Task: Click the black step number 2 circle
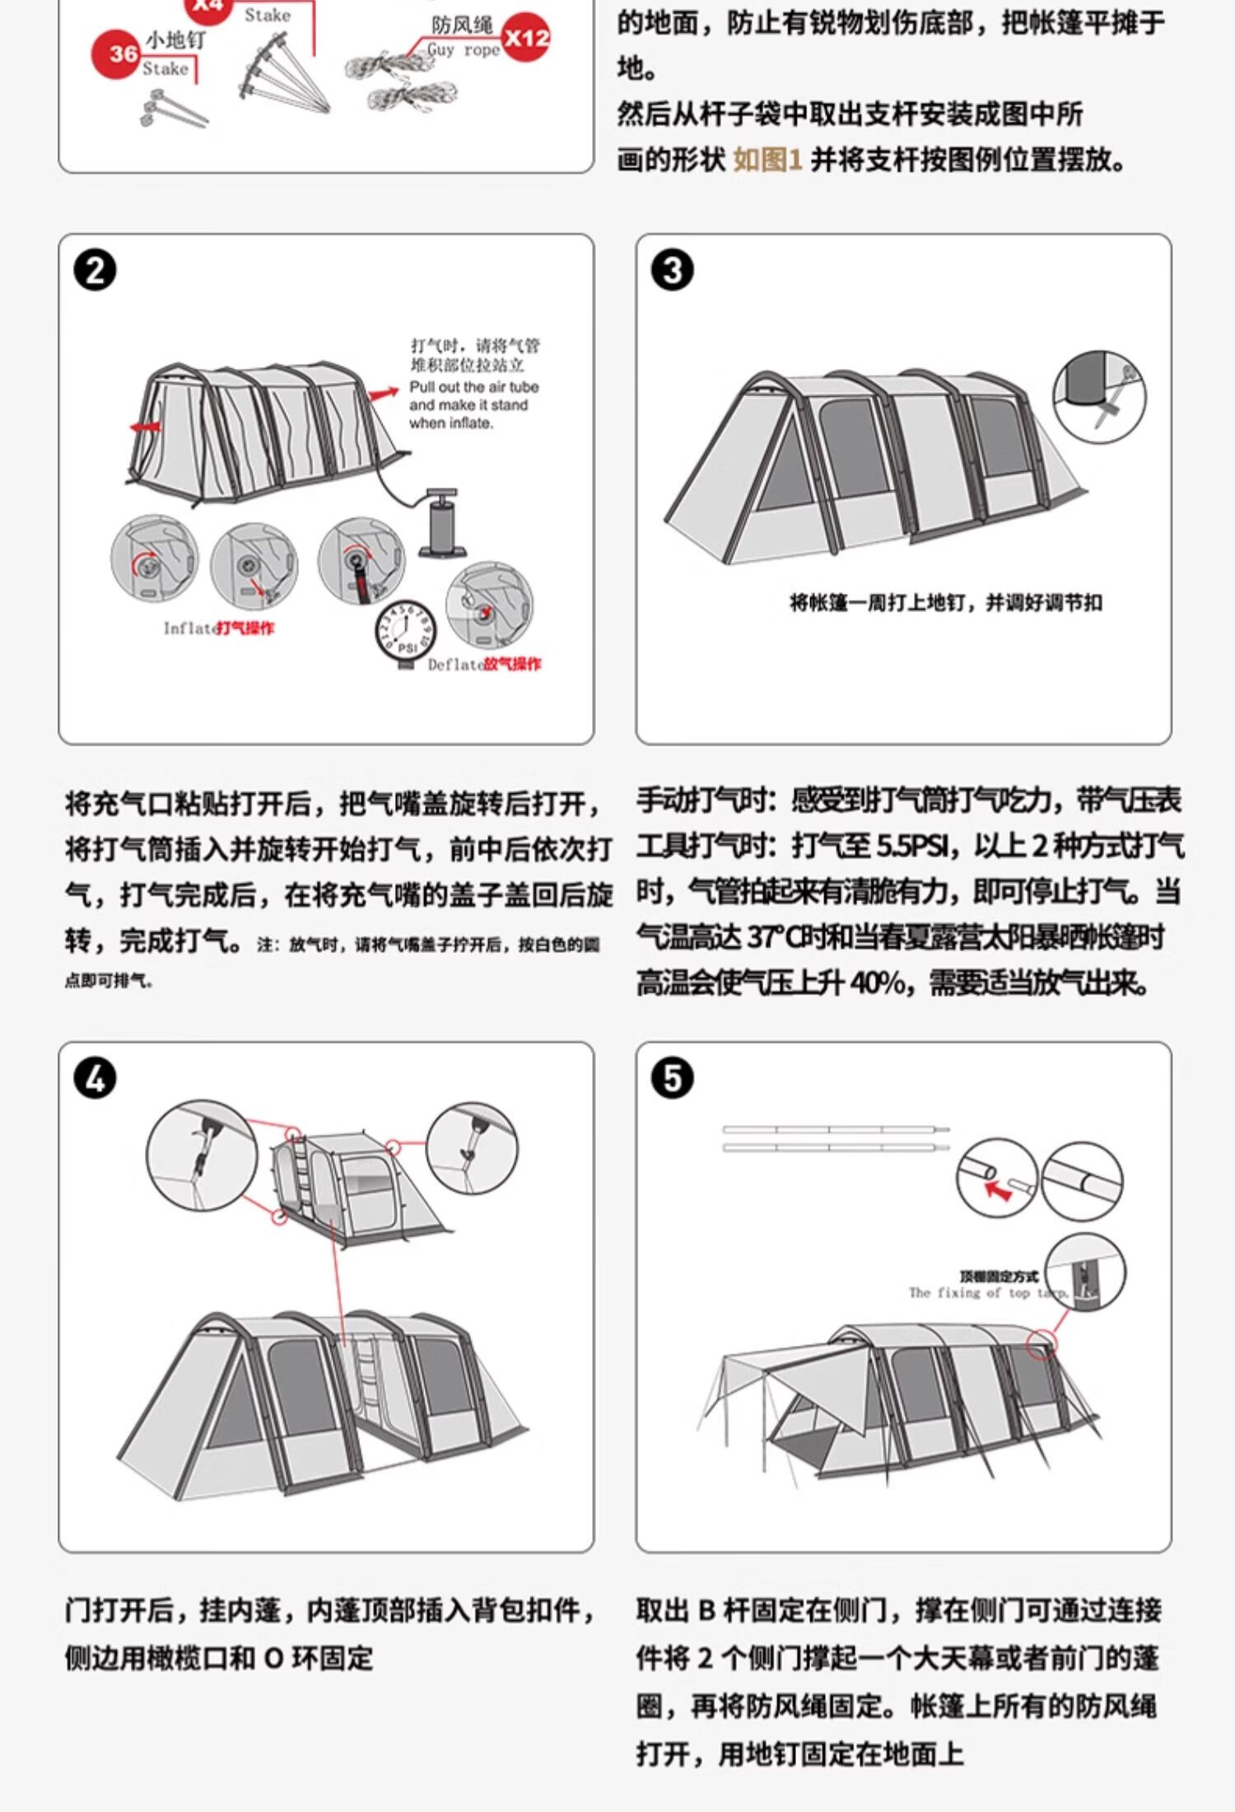point(95,271)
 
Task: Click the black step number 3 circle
point(672,271)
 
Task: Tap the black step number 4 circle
point(95,1079)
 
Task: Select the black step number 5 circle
point(672,1079)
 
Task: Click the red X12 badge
point(526,38)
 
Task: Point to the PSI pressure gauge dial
point(405,632)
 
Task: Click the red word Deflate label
point(455,665)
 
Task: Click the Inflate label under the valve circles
point(189,628)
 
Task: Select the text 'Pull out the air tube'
point(473,387)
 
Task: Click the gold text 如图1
point(767,160)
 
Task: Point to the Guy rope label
point(464,50)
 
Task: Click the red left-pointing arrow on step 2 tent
point(145,427)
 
